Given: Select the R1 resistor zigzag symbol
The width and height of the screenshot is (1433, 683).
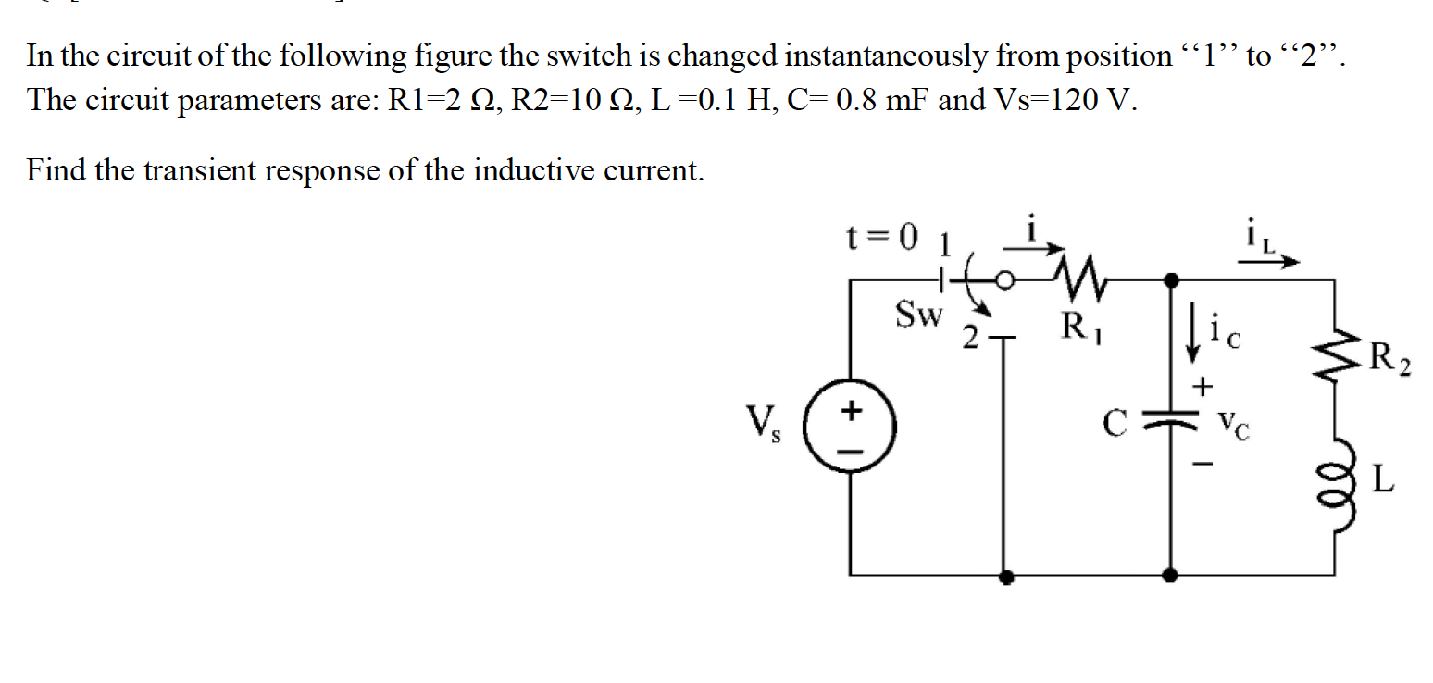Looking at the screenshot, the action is coord(1072,276).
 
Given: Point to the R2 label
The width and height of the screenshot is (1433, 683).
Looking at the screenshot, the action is coord(1388,355).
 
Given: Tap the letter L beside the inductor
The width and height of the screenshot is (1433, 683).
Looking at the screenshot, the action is coord(1381,480).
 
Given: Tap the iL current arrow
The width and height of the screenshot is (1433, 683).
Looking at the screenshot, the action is coord(1270,262).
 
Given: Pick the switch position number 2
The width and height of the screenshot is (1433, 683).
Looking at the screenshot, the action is coord(969,341).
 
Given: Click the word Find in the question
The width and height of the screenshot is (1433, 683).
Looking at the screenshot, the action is coord(61,170).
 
